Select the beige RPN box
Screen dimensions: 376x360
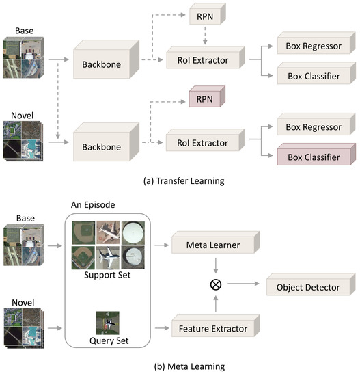[203, 13]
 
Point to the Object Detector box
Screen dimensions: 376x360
[308, 287]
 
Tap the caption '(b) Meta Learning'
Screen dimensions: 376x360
[180, 366]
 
